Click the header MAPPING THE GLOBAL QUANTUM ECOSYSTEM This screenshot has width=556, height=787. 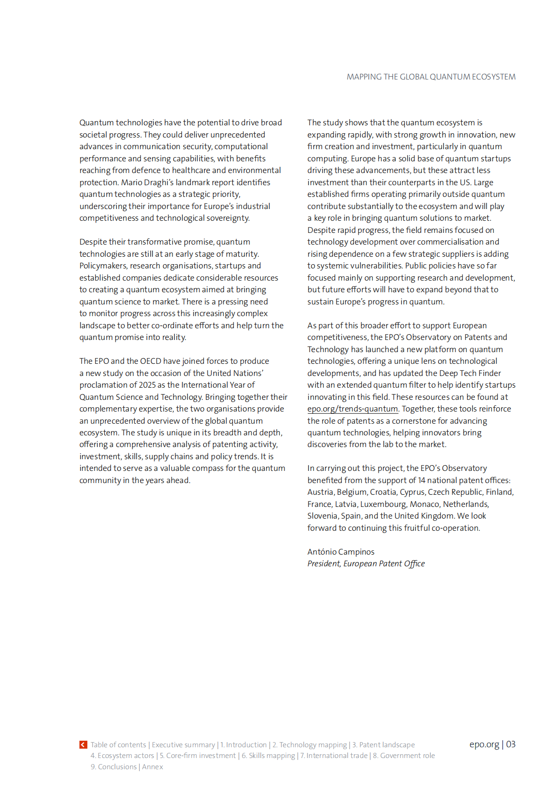(431, 77)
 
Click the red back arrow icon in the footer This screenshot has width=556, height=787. (83, 744)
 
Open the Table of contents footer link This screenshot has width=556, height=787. (118, 744)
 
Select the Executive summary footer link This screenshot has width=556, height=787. (183, 744)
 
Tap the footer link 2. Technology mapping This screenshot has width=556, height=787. (310, 744)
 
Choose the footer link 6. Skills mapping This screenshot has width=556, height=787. (268, 755)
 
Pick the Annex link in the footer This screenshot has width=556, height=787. (152, 766)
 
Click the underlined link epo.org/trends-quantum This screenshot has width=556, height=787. (353, 409)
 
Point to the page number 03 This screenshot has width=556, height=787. (511, 744)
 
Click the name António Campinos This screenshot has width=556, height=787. (341, 552)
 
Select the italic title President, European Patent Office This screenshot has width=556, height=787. (366, 563)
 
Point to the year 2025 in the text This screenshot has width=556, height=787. (147, 385)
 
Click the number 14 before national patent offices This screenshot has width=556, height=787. (421, 480)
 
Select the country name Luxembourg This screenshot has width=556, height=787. (383, 504)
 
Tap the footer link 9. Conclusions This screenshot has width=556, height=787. (114, 766)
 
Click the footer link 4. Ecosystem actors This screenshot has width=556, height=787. (122, 755)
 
